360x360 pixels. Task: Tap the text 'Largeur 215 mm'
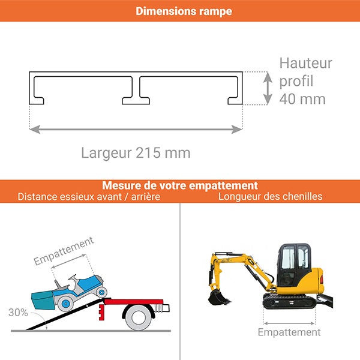point(136,153)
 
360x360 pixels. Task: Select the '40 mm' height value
point(302,99)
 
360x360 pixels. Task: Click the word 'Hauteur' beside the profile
point(305,64)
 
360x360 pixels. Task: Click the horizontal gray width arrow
point(136,128)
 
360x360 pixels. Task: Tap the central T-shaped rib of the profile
point(136,90)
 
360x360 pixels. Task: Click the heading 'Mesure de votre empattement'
point(180,185)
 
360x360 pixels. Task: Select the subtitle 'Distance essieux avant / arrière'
point(89,197)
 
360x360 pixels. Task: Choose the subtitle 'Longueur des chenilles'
point(271,197)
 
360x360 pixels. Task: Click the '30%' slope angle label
point(18,312)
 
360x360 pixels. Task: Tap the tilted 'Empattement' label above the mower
point(64,251)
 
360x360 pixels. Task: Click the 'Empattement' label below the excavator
point(289,332)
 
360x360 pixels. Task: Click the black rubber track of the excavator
point(289,302)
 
